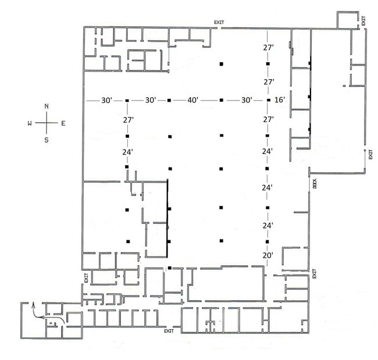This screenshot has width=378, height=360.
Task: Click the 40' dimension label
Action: click(x=193, y=100)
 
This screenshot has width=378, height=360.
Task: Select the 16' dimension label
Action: click(x=280, y=99)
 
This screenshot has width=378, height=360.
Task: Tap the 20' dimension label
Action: click(x=268, y=255)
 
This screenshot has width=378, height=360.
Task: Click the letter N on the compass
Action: click(x=47, y=106)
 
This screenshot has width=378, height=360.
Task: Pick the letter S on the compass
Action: click(x=47, y=140)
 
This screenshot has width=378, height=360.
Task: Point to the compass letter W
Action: click(x=30, y=123)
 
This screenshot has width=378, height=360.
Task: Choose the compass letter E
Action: click(x=63, y=123)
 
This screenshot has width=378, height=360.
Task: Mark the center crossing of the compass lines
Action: click(x=47, y=123)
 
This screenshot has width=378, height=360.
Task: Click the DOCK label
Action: click(x=315, y=184)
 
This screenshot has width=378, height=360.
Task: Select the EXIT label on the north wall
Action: click(x=219, y=23)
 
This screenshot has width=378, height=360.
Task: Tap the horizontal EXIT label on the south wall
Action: click(x=169, y=331)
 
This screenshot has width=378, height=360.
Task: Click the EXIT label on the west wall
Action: click(x=86, y=278)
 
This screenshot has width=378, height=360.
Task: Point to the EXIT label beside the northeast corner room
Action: click(x=363, y=21)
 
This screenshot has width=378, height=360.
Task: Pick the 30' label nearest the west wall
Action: click(x=106, y=100)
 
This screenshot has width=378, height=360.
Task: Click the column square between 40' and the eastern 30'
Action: click(x=222, y=100)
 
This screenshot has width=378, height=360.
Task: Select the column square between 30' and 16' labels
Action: click(x=269, y=100)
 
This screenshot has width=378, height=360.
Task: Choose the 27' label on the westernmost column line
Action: click(x=129, y=120)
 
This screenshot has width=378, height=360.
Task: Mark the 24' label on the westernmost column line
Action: click(x=127, y=152)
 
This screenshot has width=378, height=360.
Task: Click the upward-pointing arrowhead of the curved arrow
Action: click(x=33, y=305)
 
